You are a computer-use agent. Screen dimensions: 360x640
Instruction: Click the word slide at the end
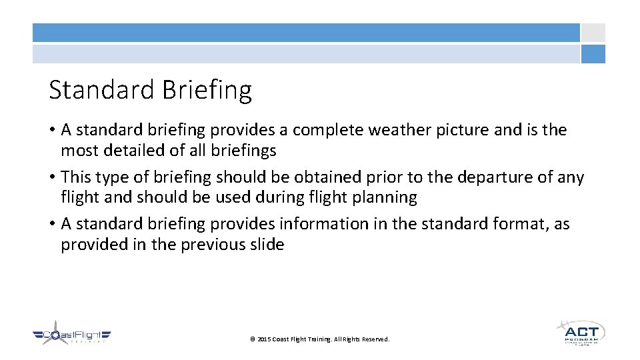point(267,245)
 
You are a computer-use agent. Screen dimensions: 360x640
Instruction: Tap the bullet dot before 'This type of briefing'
point(52,178)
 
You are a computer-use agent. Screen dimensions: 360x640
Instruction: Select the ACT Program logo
point(580,333)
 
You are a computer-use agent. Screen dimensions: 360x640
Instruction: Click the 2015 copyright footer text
point(319,339)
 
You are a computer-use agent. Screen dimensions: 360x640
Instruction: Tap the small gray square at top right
point(593,33)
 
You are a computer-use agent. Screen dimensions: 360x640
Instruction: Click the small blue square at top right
point(593,54)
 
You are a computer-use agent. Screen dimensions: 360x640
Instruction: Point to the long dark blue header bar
point(306,33)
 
